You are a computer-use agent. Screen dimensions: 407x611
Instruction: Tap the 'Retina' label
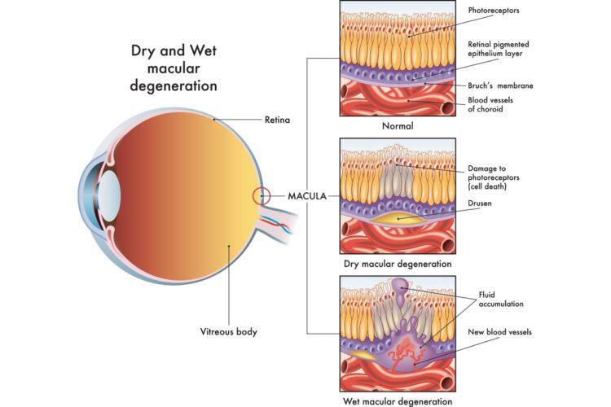[x=278, y=120]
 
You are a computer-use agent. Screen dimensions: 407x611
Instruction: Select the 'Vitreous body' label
[x=231, y=331]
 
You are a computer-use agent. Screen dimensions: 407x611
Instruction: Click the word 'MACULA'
[x=308, y=196]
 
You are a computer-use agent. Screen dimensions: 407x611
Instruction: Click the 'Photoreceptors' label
[x=494, y=11]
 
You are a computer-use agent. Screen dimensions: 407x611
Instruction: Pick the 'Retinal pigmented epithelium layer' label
[x=506, y=50]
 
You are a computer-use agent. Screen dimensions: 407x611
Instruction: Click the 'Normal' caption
[x=398, y=126]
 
